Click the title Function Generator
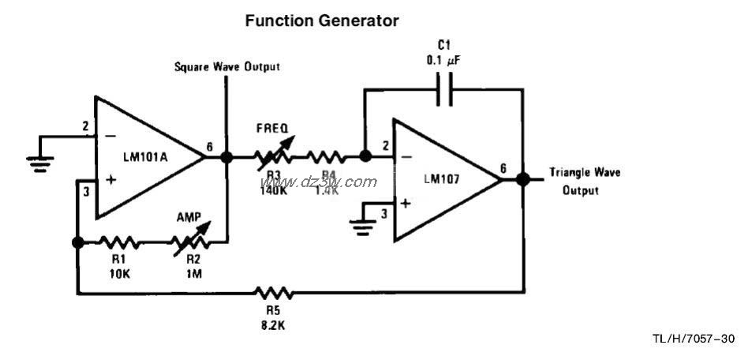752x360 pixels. tap(322, 21)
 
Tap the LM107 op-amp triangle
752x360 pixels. tap(442, 179)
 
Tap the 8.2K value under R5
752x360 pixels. tap(273, 324)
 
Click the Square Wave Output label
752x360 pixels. tap(226, 67)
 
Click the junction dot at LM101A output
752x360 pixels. tap(226, 157)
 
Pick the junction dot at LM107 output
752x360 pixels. tap(522, 179)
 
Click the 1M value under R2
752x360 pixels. tap(192, 272)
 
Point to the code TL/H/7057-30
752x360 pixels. tap(693, 339)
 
